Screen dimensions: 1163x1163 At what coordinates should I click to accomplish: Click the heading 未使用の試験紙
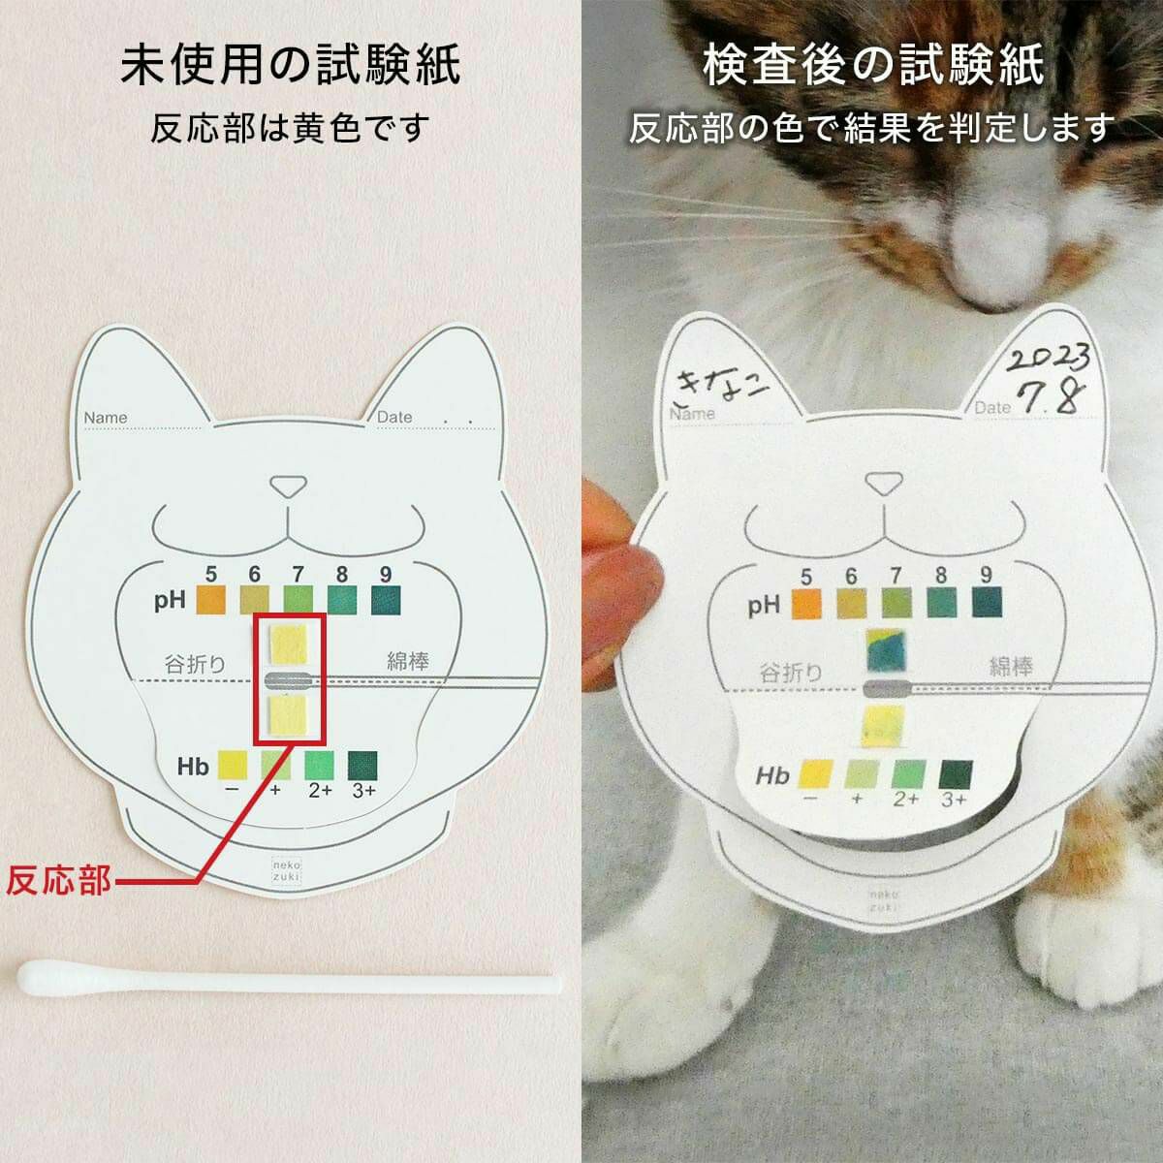290,67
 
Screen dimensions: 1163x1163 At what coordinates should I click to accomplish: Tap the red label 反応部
58,882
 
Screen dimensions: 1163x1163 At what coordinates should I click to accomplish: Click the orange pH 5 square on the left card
210,600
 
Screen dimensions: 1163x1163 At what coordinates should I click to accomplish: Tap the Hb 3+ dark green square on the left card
362,764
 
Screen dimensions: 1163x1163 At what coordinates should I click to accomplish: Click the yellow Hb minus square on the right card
817,773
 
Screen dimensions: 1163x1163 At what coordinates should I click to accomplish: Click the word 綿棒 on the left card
408,662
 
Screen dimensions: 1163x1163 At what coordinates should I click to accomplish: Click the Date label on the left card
394,417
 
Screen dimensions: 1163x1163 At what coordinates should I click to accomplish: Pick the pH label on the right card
764,606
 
